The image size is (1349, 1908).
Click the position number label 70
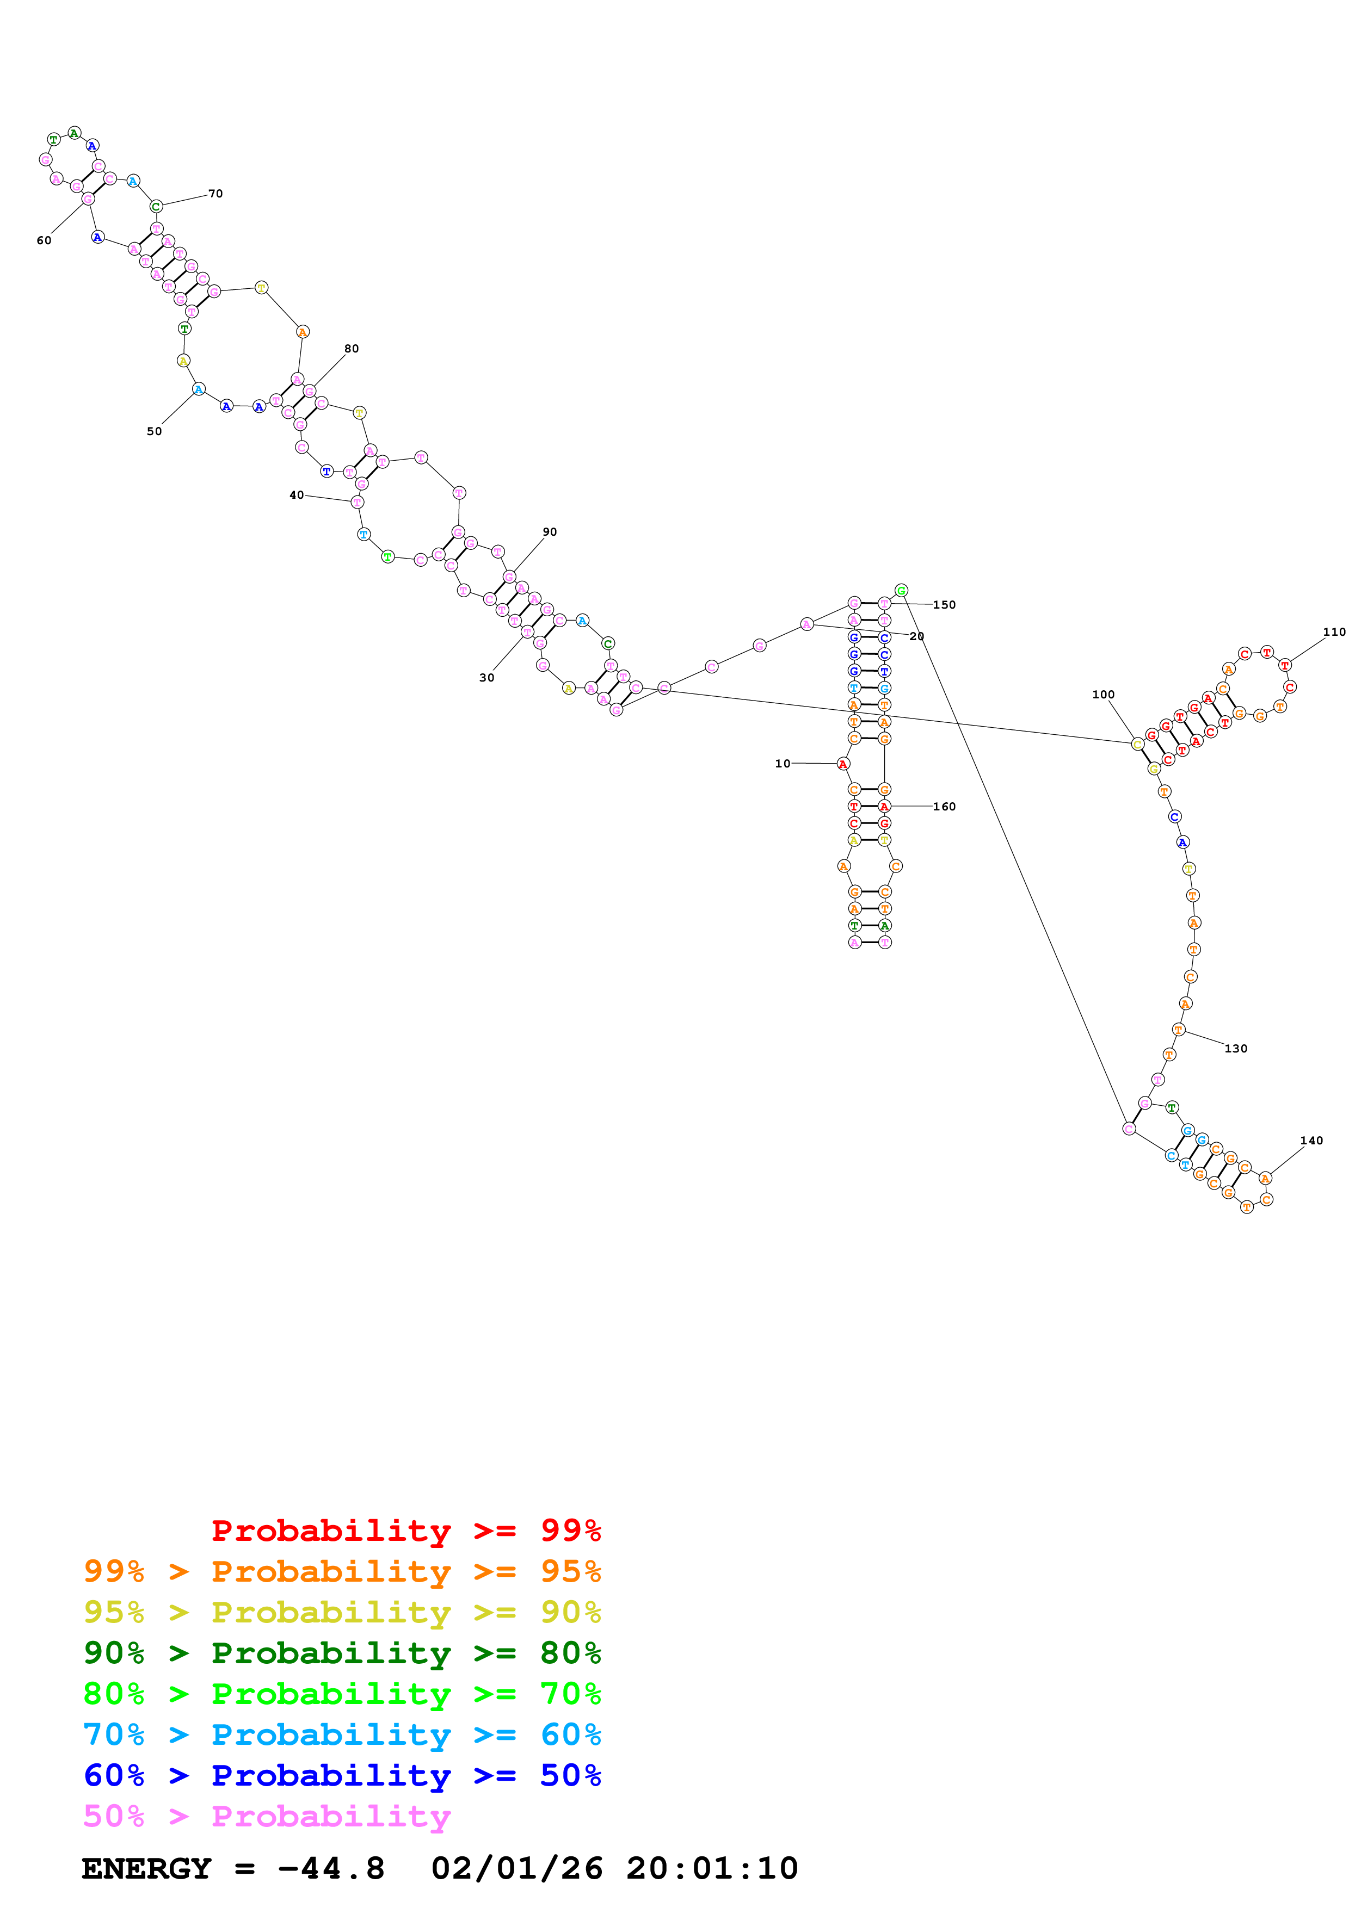(215, 194)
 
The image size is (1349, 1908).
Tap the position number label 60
(44, 240)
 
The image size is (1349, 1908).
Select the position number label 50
(155, 431)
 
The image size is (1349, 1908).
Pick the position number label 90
(550, 532)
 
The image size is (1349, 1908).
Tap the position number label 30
(487, 677)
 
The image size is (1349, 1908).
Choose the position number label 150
(944, 604)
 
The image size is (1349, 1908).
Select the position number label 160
(944, 806)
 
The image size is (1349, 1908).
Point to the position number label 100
(1103, 694)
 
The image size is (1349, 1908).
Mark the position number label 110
(1334, 631)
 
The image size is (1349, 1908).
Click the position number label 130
(1236, 1048)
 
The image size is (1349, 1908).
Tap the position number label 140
(1311, 1140)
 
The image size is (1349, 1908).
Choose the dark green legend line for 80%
(342, 1653)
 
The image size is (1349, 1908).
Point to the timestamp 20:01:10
(712, 1868)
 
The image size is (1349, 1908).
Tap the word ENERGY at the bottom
(146, 1868)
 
